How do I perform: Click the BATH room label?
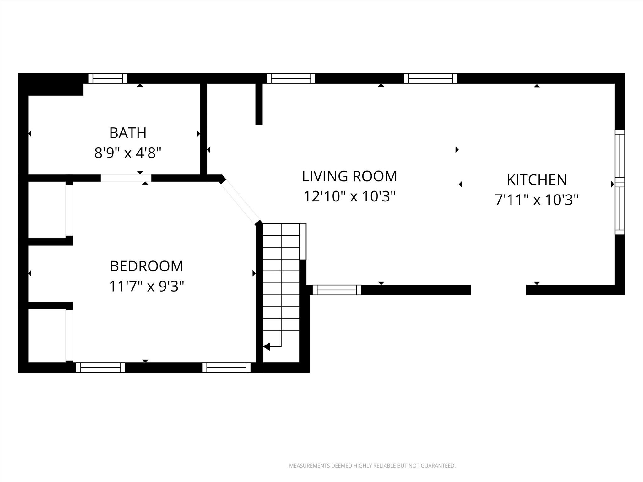[x=128, y=133]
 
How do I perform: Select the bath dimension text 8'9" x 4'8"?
[x=128, y=153]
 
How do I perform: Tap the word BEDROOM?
[x=146, y=266]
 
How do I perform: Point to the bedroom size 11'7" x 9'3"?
[x=146, y=287]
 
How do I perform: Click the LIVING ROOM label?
[x=349, y=176]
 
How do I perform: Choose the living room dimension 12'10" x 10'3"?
[x=349, y=197]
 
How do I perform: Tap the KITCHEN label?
[x=537, y=180]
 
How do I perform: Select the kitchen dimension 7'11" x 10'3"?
[x=537, y=200]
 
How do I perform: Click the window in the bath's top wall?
[x=108, y=78]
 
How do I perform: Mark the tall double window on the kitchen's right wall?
[x=620, y=182]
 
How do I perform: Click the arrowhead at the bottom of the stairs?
[x=267, y=347]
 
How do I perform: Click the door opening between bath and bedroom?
[x=126, y=178]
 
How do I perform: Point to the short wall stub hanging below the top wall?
[x=259, y=104]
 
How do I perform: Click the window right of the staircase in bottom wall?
[x=337, y=290]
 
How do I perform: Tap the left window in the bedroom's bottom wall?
[x=100, y=367]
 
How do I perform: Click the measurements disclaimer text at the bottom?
[x=372, y=466]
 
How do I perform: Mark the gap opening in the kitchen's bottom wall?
[x=498, y=290]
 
